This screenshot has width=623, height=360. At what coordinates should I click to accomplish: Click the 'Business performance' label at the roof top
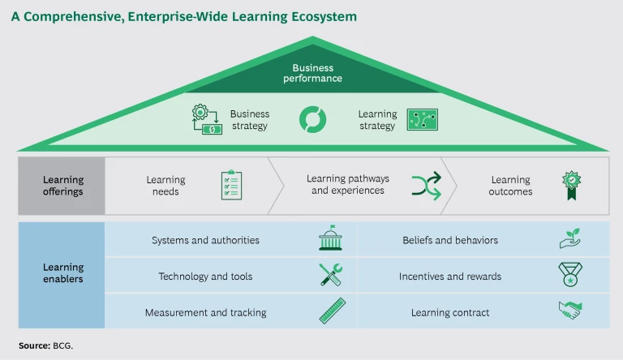pyautogui.click(x=312, y=74)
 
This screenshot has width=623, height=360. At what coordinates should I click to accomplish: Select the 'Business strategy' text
pyautogui.click(x=249, y=120)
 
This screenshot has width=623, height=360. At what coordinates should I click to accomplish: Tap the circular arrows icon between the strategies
pyautogui.click(x=311, y=119)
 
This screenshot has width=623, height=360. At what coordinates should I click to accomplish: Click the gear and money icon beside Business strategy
pyautogui.click(x=206, y=120)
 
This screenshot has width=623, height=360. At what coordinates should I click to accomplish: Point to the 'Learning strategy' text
pyautogui.click(x=377, y=120)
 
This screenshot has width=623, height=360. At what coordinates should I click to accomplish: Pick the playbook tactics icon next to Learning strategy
pyautogui.click(x=422, y=120)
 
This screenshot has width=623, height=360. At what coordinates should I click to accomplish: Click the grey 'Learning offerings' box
pyautogui.click(x=62, y=186)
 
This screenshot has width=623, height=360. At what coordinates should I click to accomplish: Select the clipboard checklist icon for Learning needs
pyautogui.click(x=232, y=185)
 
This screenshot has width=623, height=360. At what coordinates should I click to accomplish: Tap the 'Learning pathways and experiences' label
pyautogui.click(x=348, y=185)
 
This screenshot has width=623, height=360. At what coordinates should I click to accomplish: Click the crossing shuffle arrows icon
pyautogui.click(x=425, y=185)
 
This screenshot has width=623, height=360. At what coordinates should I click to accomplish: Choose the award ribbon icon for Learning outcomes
pyautogui.click(x=573, y=186)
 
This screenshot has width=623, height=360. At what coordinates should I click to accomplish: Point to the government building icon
pyautogui.click(x=331, y=240)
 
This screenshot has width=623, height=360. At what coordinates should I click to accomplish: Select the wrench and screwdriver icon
pyautogui.click(x=331, y=276)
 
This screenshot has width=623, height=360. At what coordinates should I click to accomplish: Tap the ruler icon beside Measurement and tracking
pyautogui.click(x=331, y=312)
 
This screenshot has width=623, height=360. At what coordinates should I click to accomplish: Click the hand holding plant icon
pyautogui.click(x=570, y=239)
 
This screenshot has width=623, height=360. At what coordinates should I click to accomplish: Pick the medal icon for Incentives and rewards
pyautogui.click(x=570, y=276)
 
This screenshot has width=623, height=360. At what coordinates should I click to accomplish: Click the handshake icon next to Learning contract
pyautogui.click(x=570, y=311)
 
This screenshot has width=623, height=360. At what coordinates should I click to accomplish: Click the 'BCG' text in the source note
pyautogui.click(x=63, y=345)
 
